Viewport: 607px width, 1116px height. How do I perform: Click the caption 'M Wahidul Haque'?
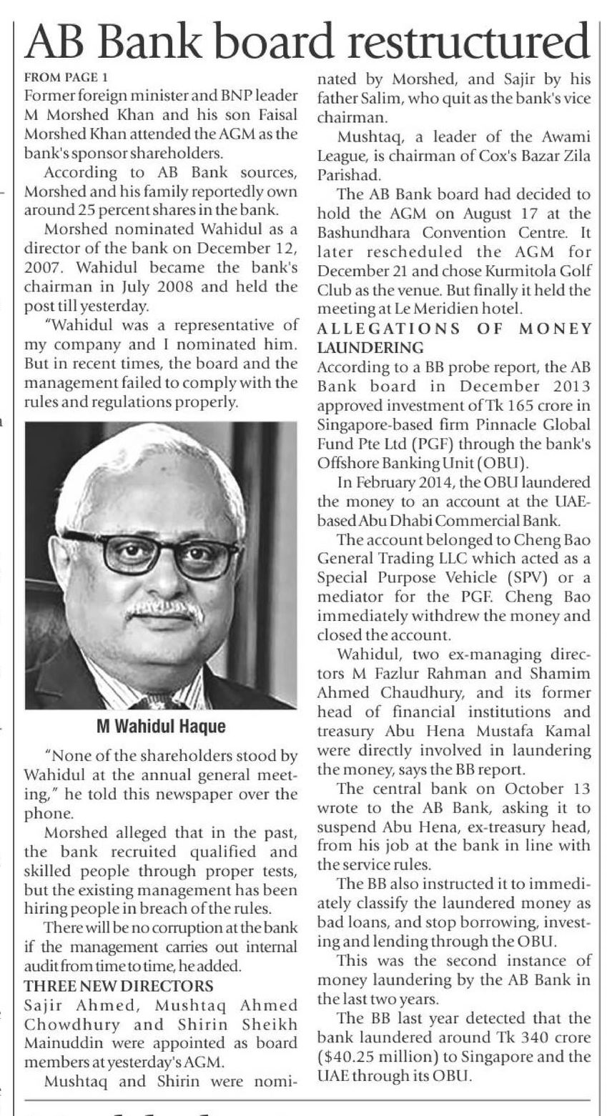tap(161, 727)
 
